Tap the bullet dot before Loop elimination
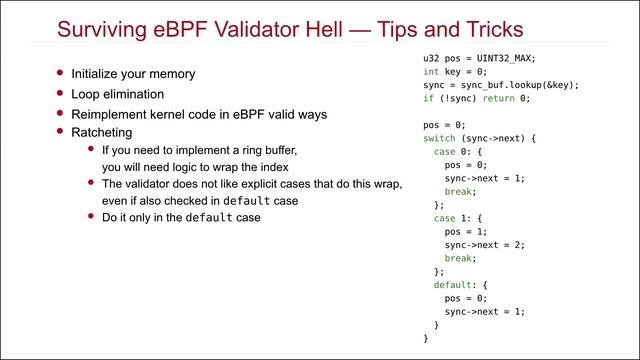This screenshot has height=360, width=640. (x=60, y=92)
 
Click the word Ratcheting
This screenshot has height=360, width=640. (x=103, y=131)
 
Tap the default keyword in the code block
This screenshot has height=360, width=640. (x=452, y=285)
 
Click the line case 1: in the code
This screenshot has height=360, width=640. (x=450, y=218)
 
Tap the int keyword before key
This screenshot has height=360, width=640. (x=431, y=72)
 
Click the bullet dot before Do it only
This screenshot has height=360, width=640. (x=91, y=216)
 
